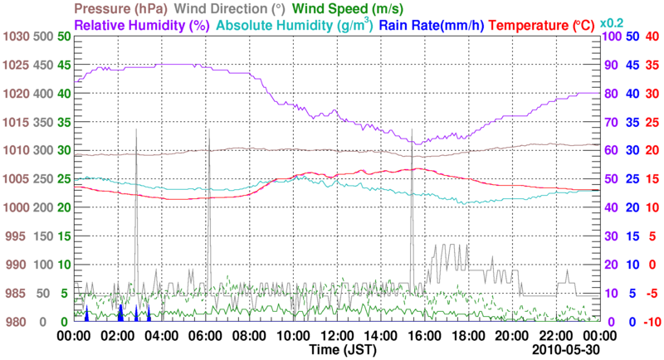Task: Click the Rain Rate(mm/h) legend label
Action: (432, 25)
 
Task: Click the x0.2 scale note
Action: (612, 22)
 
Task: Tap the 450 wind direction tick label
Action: (43, 66)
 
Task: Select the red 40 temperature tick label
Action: (652, 36)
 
